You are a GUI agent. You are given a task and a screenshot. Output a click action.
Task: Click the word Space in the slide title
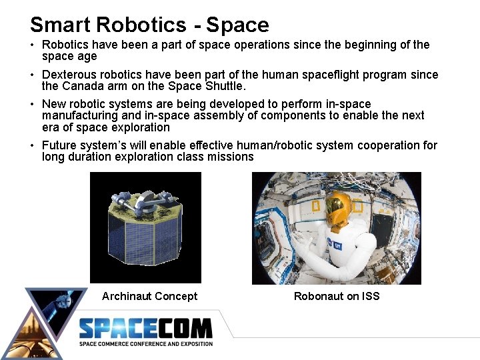tap(237, 25)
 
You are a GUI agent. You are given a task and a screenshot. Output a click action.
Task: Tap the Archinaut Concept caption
tap(149, 296)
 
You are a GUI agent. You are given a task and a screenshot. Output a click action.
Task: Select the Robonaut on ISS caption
tap(337, 296)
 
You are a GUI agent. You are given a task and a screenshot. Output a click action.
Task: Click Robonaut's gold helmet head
tap(339, 207)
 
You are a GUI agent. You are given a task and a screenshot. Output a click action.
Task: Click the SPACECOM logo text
tap(145, 329)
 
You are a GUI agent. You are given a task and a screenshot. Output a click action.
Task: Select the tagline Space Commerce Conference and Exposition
tap(146, 344)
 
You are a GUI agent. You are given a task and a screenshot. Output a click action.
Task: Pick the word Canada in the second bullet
tap(81, 86)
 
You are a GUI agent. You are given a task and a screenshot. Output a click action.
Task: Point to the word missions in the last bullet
tap(231, 157)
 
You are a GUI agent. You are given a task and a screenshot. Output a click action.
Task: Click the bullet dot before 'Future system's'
tap(33, 145)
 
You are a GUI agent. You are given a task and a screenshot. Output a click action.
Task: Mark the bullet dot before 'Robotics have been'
tap(33, 45)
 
